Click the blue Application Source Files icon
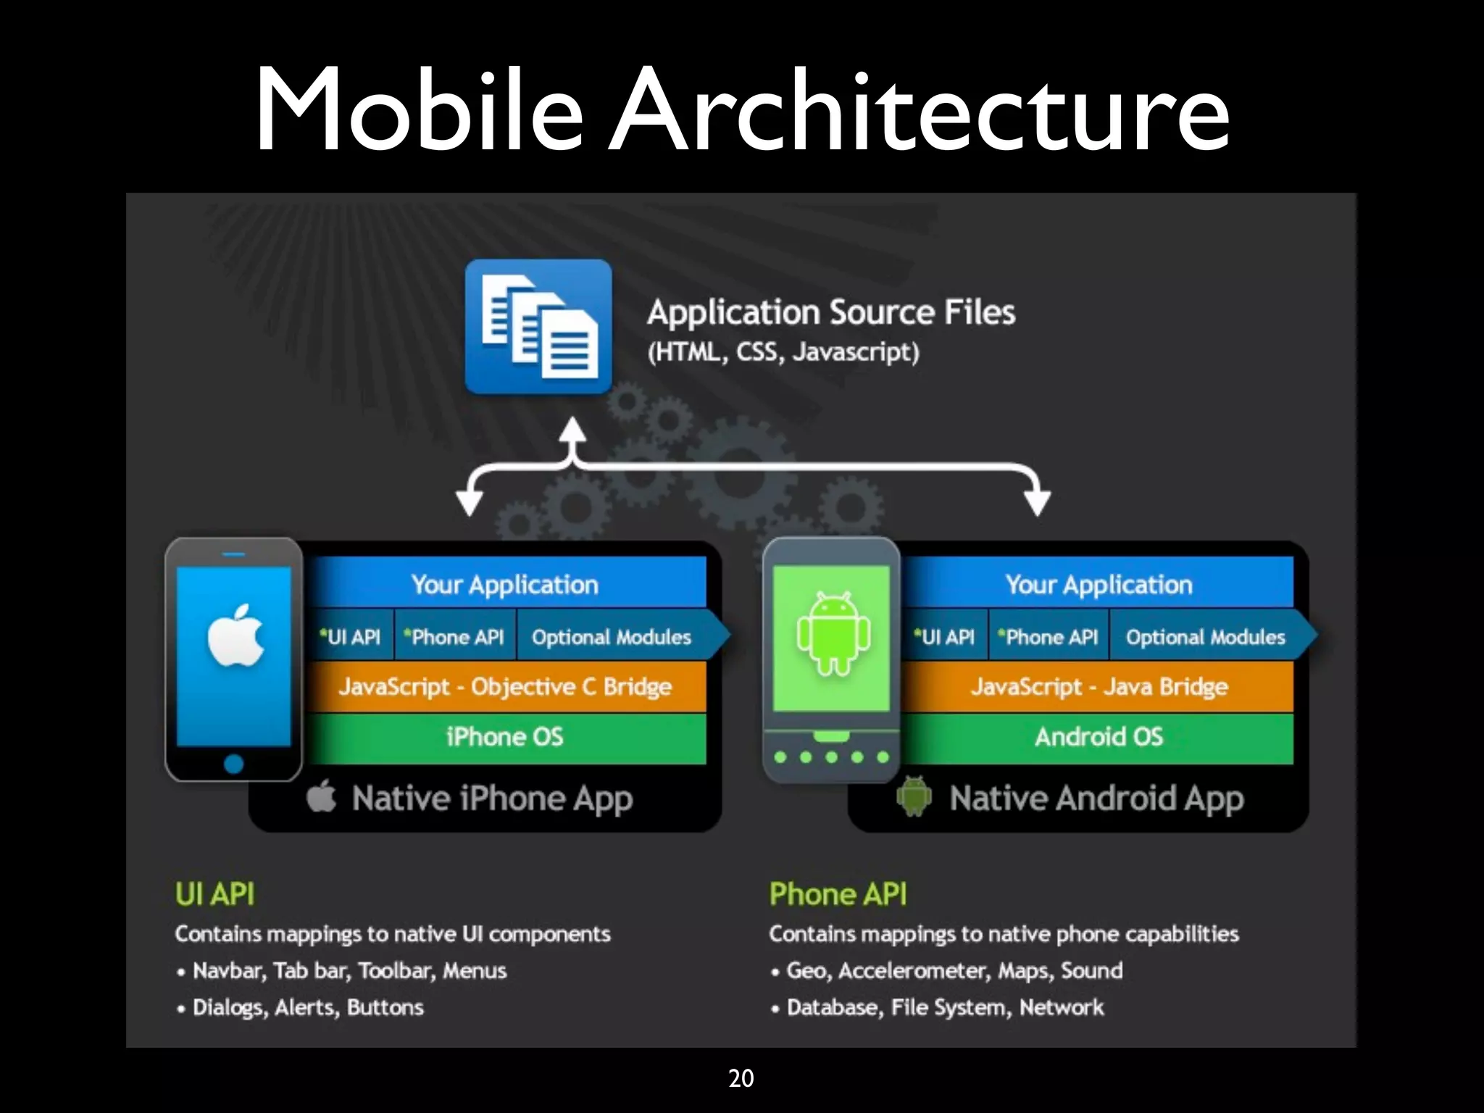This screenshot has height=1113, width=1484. [538, 326]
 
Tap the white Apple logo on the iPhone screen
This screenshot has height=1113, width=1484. [235, 635]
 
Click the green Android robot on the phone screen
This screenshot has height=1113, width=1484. [833, 633]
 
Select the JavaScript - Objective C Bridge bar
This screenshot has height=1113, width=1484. [505, 686]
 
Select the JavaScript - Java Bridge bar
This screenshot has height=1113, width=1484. [1099, 686]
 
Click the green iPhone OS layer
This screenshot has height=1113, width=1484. [505, 738]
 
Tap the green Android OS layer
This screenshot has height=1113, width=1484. [1099, 738]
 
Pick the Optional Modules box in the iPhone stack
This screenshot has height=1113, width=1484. [612, 637]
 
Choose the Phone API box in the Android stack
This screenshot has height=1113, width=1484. [1049, 637]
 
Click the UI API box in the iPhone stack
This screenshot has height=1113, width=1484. [351, 637]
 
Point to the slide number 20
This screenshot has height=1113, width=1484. [741, 1078]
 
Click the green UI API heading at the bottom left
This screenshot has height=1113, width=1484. [214, 894]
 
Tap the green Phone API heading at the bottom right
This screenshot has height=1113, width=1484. [838, 894]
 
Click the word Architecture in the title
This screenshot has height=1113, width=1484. [919, 110]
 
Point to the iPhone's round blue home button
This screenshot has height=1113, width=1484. [233, 764]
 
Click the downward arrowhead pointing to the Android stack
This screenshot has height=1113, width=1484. [1038, 501]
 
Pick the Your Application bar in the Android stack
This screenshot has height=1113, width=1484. [1099, 584]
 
